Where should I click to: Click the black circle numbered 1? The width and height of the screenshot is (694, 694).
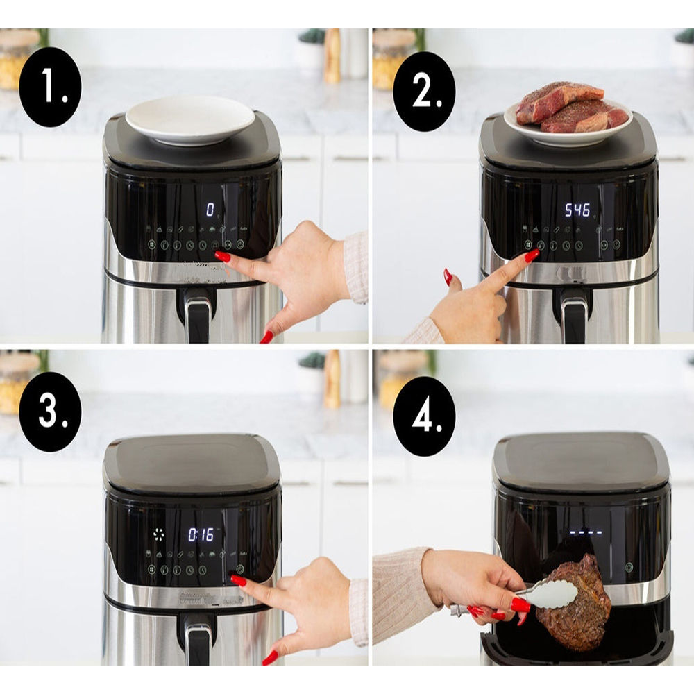pos(50,87)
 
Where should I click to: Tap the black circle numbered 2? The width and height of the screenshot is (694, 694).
pos(424,92)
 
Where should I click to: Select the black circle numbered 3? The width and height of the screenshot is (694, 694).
pos(50,412)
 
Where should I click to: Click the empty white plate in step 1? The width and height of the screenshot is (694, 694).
pos(190,120)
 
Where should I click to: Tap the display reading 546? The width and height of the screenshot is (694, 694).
pos(577,210)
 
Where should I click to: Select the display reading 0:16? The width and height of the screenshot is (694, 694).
pos(201,534)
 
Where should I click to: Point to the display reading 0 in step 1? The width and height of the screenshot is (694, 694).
pos(210,210)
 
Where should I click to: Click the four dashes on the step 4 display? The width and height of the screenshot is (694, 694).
pos(586,534)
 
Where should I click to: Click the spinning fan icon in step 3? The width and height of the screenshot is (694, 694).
pos(159,534)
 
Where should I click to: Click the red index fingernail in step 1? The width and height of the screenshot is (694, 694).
pos(223,256)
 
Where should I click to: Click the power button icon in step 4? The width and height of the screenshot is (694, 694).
pos(629,567)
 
